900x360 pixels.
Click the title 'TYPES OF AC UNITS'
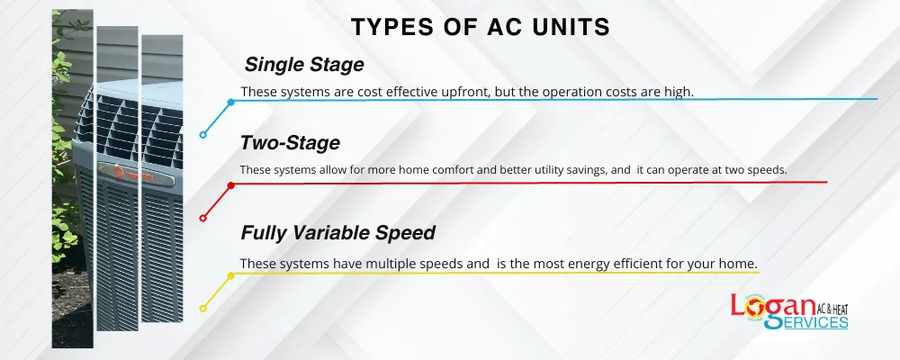click(481, 27)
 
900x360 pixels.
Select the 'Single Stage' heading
click(304, 65)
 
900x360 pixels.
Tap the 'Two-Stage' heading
click(290, 142)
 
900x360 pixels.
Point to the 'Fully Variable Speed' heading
click(338, 232)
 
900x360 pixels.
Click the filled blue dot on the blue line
click(230, 103)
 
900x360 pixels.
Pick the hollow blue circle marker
click(202, 135)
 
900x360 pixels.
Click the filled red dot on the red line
click(230, 185)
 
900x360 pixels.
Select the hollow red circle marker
click(202, 218)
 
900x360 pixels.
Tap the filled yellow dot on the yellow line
click(230, 275)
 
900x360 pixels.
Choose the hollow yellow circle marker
click(202, 309)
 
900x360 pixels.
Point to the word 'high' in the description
click(681, 91)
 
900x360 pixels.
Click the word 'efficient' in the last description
click(644, 264)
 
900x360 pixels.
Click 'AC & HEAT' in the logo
click(832, 309)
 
